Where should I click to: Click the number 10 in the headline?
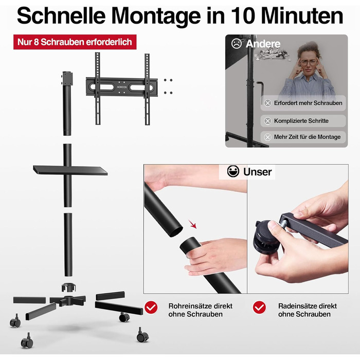[243, 16]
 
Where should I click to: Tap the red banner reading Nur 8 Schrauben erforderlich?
[75, 42]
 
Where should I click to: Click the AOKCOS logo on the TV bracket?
[122, 87]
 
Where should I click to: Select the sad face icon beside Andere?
[237, 43]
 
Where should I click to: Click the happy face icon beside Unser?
[233, 171]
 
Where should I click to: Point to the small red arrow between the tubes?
[193, 224]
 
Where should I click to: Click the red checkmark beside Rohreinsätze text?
[151, 307]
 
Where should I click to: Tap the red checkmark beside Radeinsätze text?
[259, 307]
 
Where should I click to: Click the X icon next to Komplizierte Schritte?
[267, 121]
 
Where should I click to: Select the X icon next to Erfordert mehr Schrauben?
[267, 103]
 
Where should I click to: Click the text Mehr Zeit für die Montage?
[307, 137]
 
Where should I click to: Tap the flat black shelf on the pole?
[70, 170]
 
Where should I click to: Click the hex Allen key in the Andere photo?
[260, 91]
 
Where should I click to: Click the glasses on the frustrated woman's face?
[308, 62]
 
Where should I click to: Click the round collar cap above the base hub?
[68, 287]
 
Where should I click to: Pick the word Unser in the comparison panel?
[257, 172]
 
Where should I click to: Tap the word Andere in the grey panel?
[263, 44]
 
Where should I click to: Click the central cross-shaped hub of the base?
[68, 300]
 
